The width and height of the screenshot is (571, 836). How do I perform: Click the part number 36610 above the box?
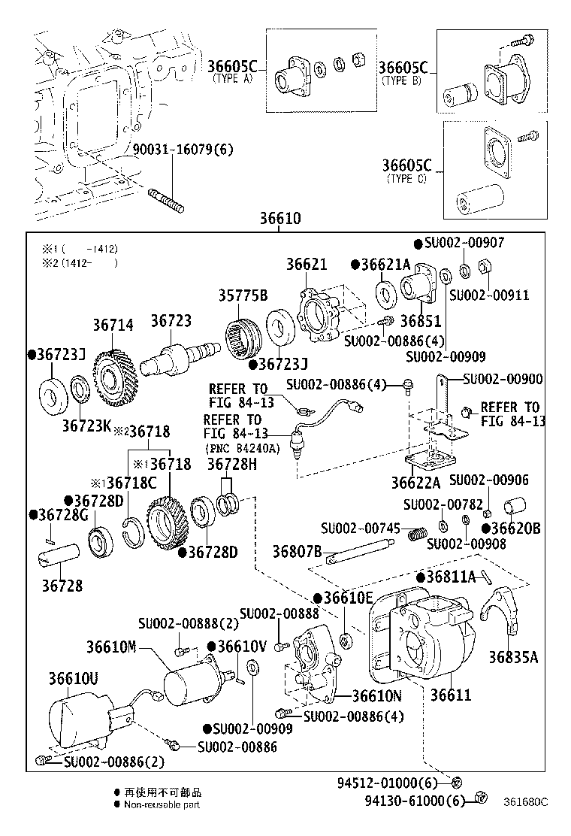pos(280,220)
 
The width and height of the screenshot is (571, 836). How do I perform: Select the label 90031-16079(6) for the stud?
pos(183,149)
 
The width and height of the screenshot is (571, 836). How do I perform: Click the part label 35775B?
pos(243,295)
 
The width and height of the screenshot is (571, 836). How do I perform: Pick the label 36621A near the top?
pos(385,265)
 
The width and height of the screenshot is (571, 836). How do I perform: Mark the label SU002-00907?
pos(464,243)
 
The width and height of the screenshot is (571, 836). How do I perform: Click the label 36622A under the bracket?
pos(415,481)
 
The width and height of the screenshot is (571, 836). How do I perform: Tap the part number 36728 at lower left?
pos(62,586)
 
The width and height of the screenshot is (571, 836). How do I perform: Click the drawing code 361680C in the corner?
pos(525,801)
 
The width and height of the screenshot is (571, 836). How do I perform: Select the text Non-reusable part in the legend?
pos(162,804)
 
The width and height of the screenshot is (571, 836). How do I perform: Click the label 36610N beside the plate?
pos(376,695)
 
